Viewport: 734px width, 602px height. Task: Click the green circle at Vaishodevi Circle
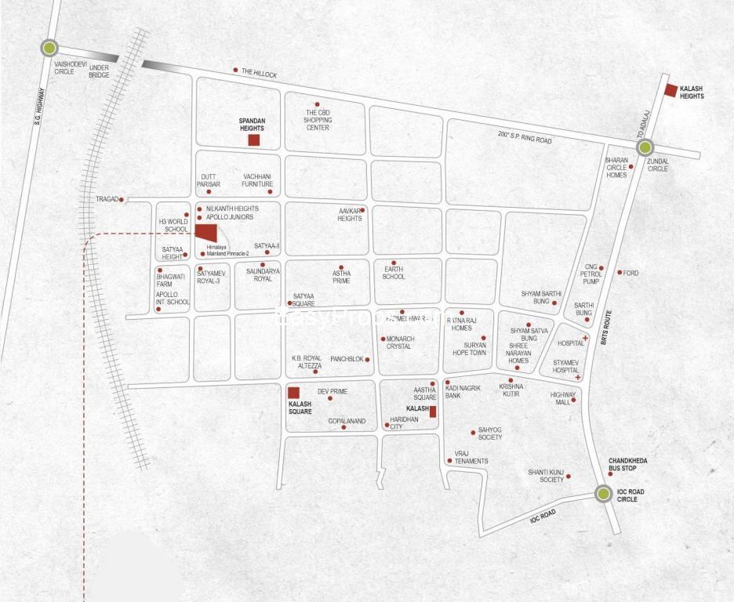50,49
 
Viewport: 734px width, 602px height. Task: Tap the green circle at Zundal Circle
645,147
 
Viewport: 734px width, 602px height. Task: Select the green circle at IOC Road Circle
603,494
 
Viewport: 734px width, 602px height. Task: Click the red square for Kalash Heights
670,89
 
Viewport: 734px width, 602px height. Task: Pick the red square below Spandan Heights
253,140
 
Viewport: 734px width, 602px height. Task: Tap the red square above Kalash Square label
293,393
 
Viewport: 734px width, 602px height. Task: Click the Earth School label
394,272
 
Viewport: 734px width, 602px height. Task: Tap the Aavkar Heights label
350,215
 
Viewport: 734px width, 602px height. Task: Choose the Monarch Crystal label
399,343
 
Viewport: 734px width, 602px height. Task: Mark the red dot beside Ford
620,273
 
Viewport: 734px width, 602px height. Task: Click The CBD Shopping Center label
317,120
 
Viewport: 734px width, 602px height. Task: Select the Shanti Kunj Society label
546,476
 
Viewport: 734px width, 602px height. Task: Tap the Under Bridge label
99,71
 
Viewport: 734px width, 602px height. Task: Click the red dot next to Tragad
122,200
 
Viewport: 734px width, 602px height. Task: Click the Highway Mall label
562,398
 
